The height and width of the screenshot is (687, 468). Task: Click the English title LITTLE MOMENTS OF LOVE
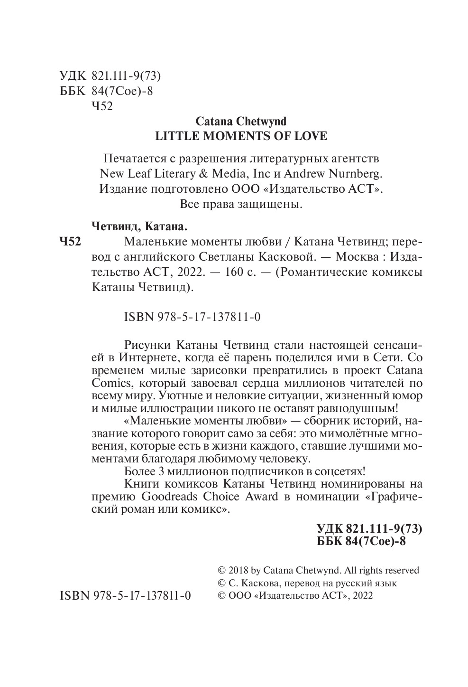tap(241, 136)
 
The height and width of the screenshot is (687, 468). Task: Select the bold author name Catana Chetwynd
tap(241, 122)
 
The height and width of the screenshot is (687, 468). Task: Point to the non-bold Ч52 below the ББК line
tap(101, 106)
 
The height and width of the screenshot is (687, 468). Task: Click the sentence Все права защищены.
tap(241, 205)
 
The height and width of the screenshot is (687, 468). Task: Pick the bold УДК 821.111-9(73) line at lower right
tap(368, 529)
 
